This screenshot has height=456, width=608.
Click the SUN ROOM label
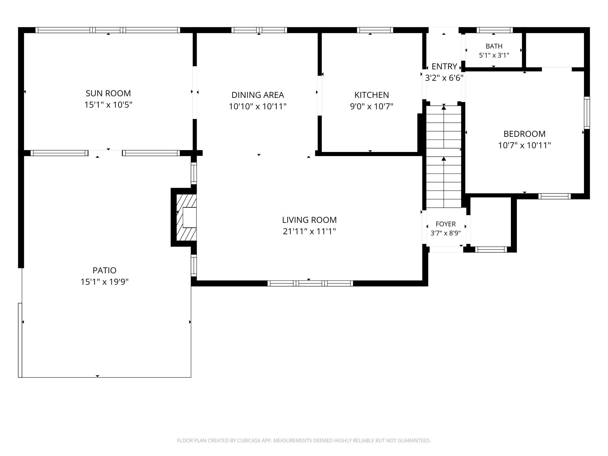tap(108, 93)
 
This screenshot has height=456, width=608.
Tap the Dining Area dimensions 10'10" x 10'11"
tap(258, 106)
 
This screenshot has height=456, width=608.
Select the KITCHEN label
tap(372, 95)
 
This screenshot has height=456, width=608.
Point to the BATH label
tap(494, 46)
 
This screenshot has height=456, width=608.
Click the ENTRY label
tap(444, 67)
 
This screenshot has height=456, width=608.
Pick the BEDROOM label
tap(524, 134)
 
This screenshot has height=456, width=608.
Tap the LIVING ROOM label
tap(309, 220)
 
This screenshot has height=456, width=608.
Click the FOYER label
tap(445, 224)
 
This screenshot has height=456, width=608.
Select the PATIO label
tap(104, 270)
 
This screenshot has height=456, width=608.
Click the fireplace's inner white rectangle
tap(189, 217)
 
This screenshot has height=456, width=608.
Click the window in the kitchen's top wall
tap(375, 30)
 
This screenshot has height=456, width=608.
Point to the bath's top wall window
tap(495, 30)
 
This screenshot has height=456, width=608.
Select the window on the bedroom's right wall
tap(587, 113)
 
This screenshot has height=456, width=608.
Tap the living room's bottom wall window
tap(310, 283)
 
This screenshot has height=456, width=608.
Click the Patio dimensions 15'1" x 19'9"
tap(105, 282)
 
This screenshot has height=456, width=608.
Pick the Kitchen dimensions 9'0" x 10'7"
tap(372, 106)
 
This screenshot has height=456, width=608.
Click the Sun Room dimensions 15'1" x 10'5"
tap(108, 105)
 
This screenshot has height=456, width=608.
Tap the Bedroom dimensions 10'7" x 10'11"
tap(524, 145)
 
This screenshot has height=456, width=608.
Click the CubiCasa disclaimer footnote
tap(304, 441)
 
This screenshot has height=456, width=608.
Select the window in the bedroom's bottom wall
tap(555, 196)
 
